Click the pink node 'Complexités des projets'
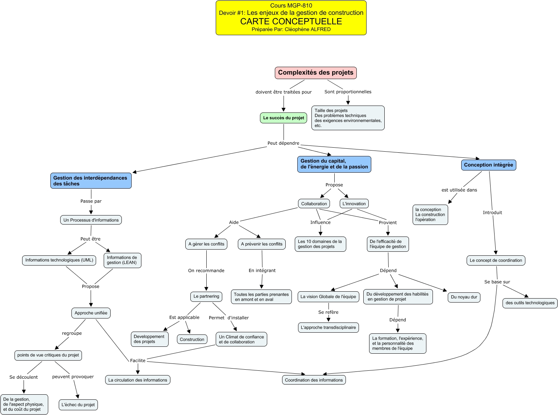(315, 73)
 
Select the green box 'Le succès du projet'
(284, 118)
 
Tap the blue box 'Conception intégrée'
(488, 165)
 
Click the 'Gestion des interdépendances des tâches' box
(91, 181)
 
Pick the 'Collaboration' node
(314, 204)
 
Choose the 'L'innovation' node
(354, 204)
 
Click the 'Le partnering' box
(206, 296)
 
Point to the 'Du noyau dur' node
(464, 297)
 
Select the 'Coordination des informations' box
(314, 380)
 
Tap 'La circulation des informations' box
(138, 380)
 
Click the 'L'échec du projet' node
(78, 405)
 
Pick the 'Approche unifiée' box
(91, 313)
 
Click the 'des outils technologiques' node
(530, 303)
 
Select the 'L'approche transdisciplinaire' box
(328, 328)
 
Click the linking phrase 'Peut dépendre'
(283, 143)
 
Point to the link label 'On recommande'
(206, 271)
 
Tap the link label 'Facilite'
(138, 361)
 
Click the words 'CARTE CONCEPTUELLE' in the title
(291, 21)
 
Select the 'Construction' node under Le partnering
(192, 340)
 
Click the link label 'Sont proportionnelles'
(348, 92)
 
